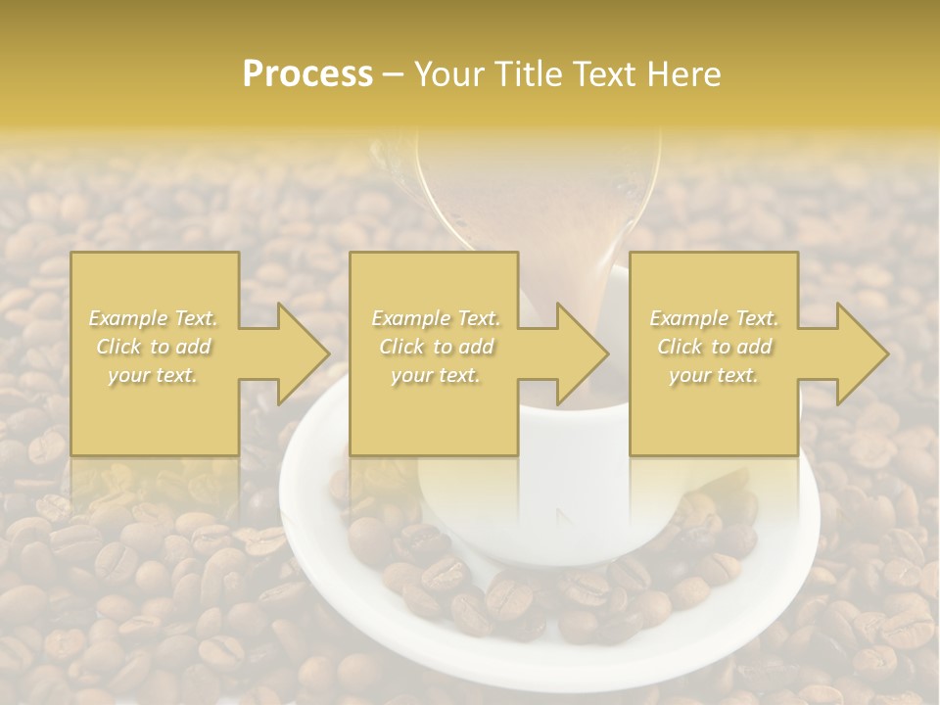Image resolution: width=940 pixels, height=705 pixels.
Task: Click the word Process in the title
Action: coord(307,74)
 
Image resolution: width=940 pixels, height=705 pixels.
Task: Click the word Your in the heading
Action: coord(449,74)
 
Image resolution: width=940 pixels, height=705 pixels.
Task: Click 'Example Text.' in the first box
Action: coord(153,318)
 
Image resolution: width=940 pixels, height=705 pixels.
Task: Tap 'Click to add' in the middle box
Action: coord(436,347)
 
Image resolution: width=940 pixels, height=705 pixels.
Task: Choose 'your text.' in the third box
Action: coord(714,375)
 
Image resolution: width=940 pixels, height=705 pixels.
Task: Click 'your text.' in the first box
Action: coord(153,375)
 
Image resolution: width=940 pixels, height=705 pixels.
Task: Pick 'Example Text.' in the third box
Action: coord(714,318)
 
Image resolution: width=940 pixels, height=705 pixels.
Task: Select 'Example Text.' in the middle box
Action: coord(436,318)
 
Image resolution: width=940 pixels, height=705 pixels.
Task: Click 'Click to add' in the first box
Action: coord(153,347)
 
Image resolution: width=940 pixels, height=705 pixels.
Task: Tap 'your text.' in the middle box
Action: coord(436,375)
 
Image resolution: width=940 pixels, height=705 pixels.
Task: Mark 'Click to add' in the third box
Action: coord(714,347)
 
